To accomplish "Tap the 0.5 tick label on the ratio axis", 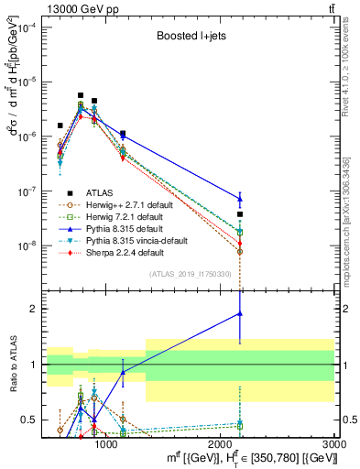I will click(x=31, y=420).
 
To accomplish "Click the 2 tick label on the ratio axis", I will click(x=35, y=309).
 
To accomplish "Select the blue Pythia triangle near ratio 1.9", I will click(x=240, y=313).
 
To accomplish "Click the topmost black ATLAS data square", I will click(x=81, y=95).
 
